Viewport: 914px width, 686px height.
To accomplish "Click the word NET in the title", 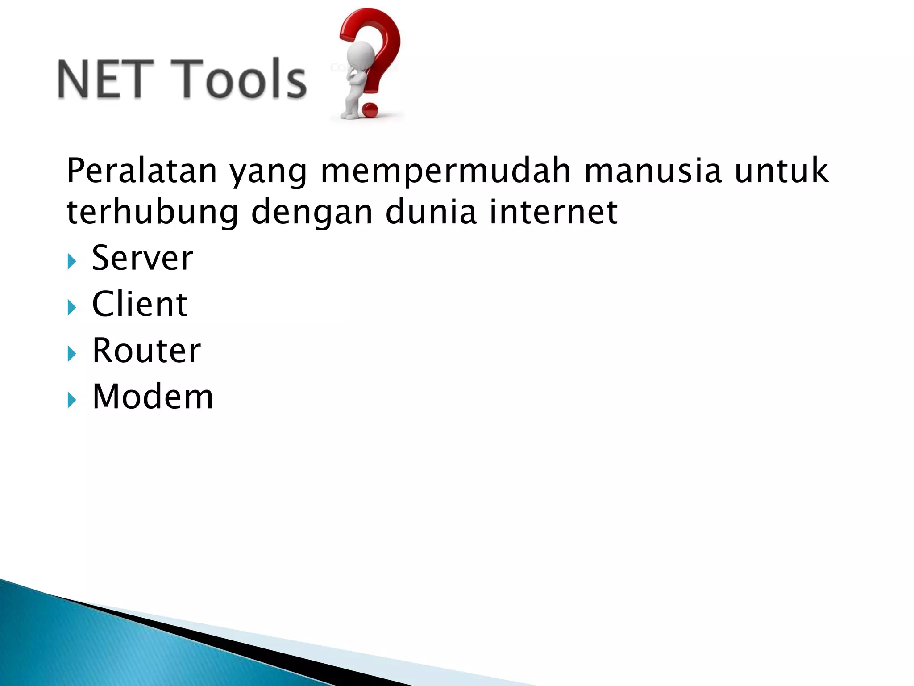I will click(100, 79).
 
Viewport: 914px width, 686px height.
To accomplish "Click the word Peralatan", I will click(141, 171).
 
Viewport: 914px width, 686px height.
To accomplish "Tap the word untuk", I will click(781, 171).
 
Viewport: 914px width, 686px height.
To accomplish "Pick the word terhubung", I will click(153, 213).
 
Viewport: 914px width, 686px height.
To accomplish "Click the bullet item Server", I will click(142, 259).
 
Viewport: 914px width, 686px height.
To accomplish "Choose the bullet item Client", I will click(139, 305).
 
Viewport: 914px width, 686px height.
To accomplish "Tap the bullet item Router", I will click(146, 351).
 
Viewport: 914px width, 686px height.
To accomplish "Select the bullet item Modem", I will click(153, 397).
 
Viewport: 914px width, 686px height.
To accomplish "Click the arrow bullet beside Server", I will click(71, 261).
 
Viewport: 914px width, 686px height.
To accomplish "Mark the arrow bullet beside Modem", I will click(71, 400).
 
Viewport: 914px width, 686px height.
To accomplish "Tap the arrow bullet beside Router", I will click(71, 354).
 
